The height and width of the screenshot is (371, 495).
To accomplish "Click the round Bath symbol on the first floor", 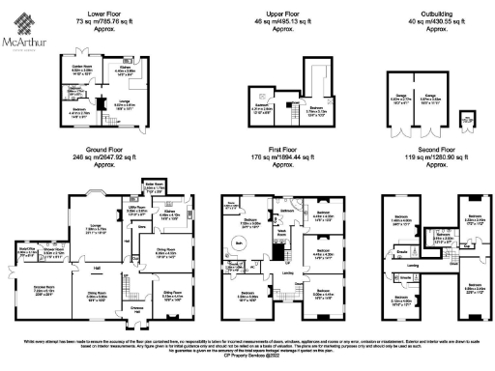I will (x=239, y=243).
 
